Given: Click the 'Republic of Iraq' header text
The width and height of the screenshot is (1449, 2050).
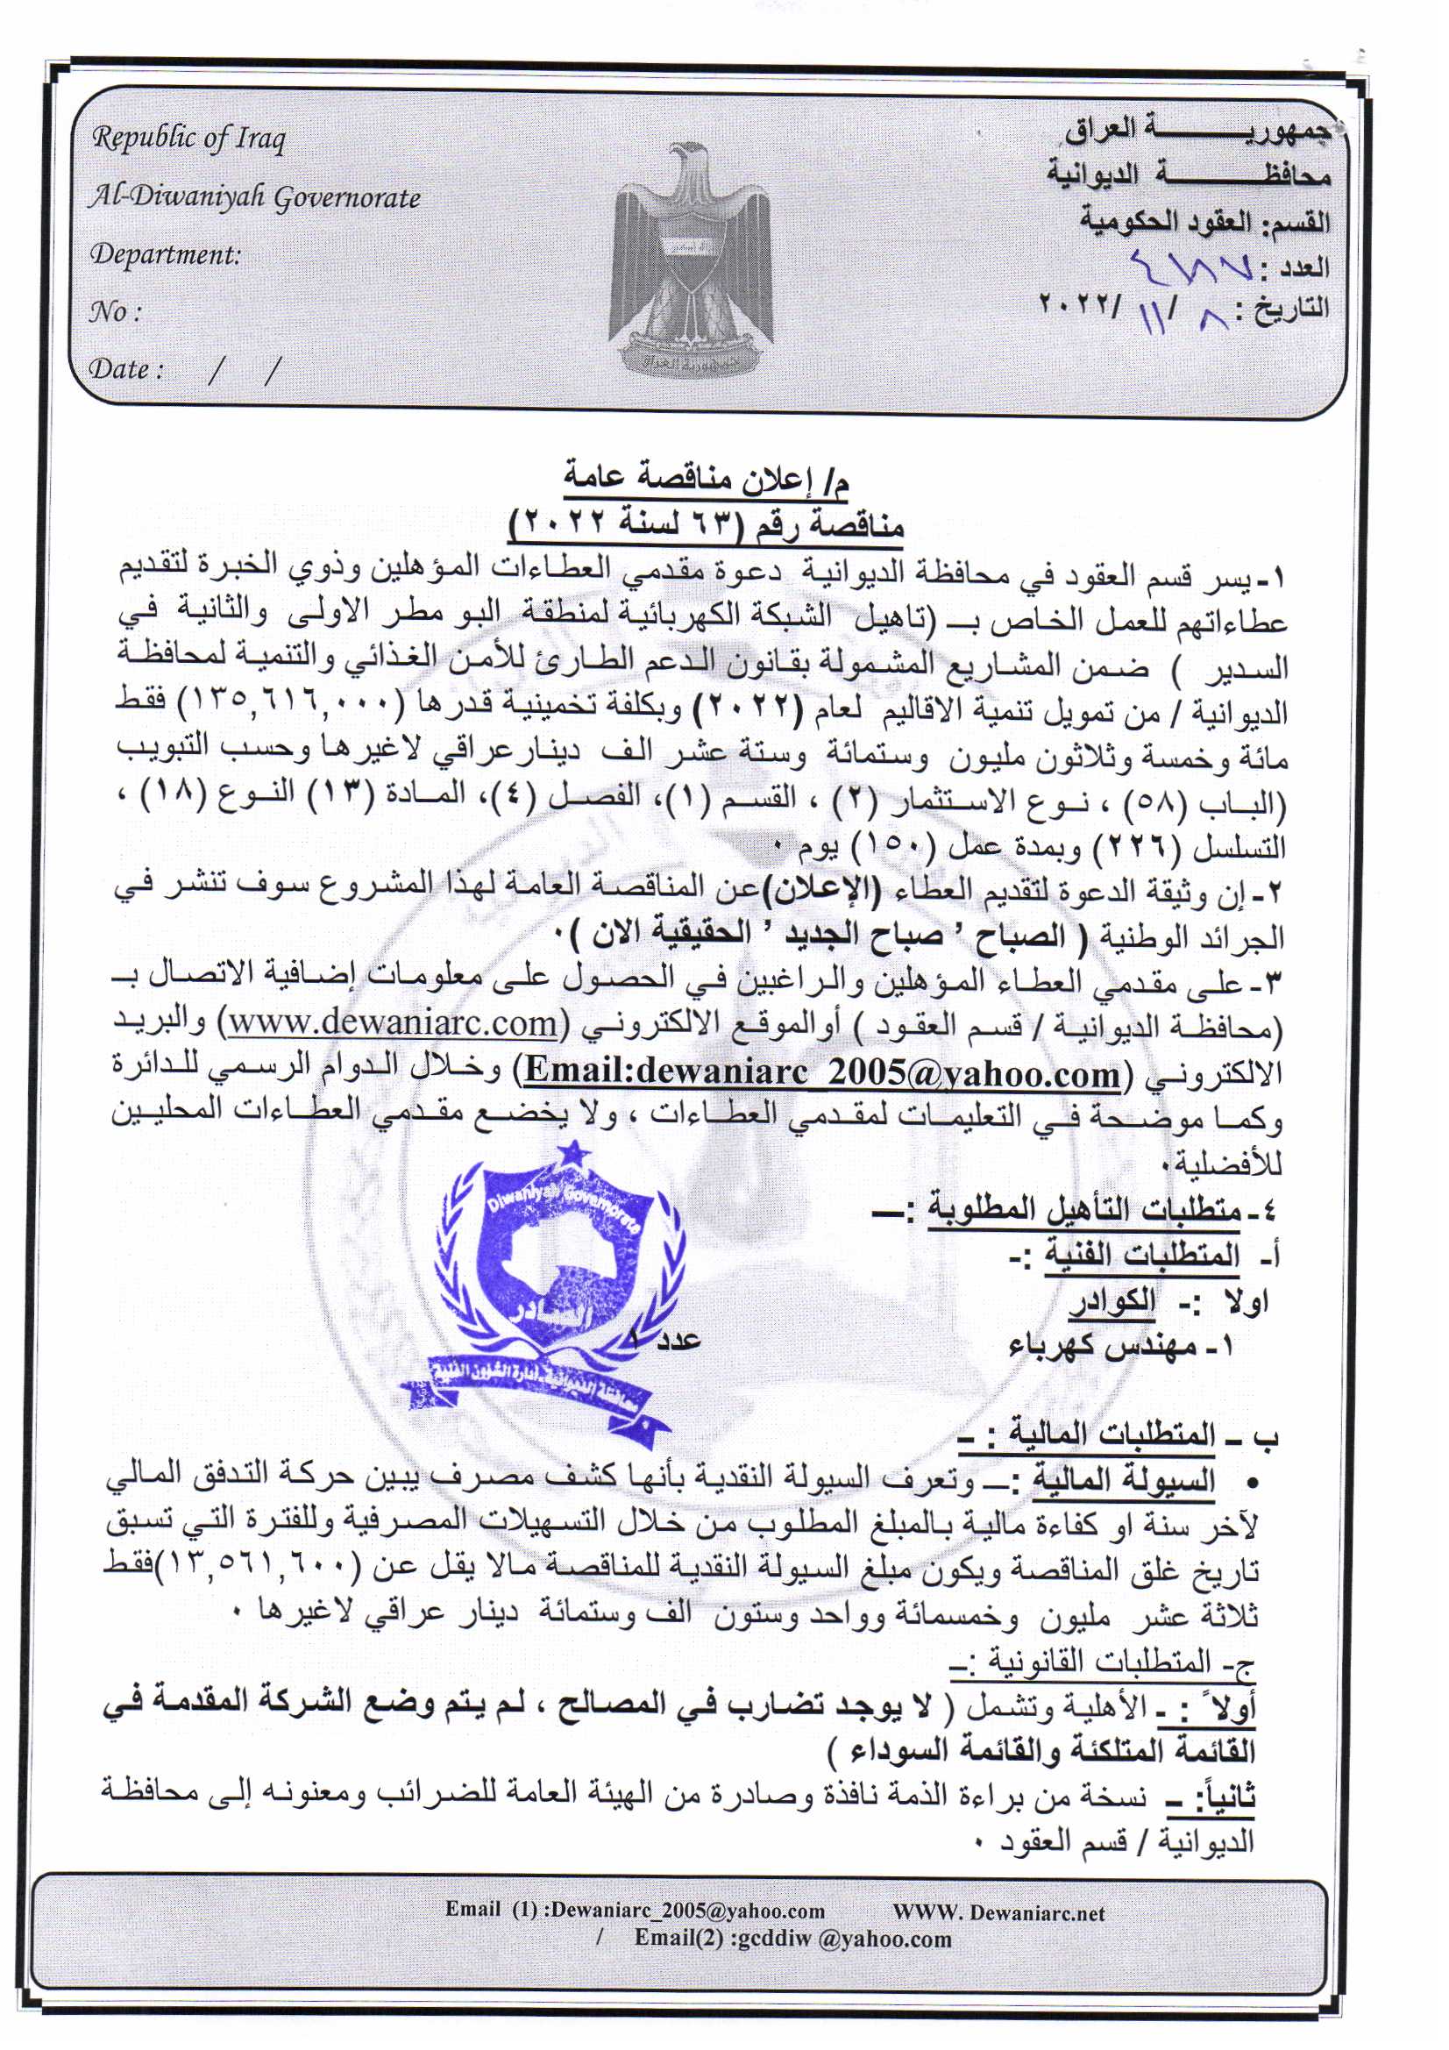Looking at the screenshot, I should (x=188, y=140).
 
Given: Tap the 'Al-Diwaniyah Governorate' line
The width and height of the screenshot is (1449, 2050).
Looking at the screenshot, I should (x=254, y=197).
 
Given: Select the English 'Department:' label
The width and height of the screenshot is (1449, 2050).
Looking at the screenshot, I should (x=165, y=254).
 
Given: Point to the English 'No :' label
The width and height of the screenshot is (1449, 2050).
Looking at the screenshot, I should (x=114, y=311).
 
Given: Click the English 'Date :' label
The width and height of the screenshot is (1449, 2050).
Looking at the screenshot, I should (x=126, y=369).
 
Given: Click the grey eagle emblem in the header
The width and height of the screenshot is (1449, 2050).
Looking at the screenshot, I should (x=692, y=259).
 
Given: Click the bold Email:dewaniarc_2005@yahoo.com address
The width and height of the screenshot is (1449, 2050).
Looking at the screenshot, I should (x=820, y=1072).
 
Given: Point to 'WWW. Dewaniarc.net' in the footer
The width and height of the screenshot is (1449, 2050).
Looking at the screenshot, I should (x=998, y=1913).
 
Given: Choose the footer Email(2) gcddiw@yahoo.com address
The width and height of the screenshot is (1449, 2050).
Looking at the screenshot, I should (x=792, y=1939).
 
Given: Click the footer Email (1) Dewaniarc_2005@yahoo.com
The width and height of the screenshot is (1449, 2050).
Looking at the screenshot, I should (x=635, y=1911).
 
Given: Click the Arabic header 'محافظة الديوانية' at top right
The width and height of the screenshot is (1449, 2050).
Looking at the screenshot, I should (x=1189, y=175).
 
